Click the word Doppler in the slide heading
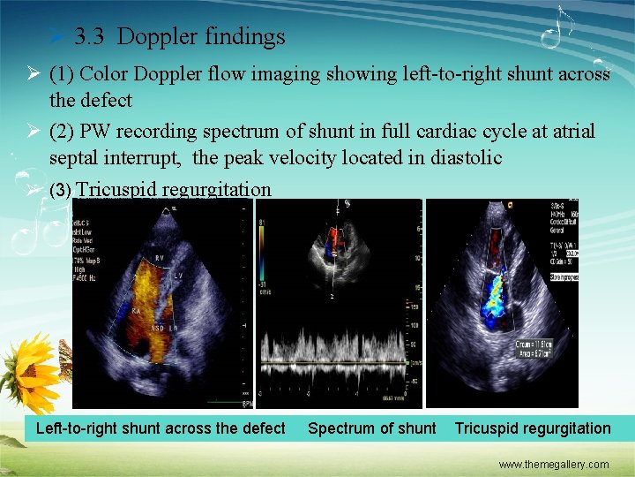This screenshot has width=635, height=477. (x=155, y=36)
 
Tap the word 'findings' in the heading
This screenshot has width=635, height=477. (x=243, y=36)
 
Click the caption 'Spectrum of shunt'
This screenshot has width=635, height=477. (x=371, y=428)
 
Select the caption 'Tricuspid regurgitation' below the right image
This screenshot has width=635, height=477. (x=532, y=428)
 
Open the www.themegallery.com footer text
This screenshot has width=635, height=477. (x=553, y=464)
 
